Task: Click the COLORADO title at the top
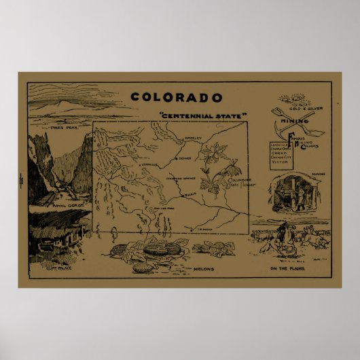(x=177, y=97)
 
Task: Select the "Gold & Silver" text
(x=304, y=107)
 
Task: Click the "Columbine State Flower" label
(x=237, y=181)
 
